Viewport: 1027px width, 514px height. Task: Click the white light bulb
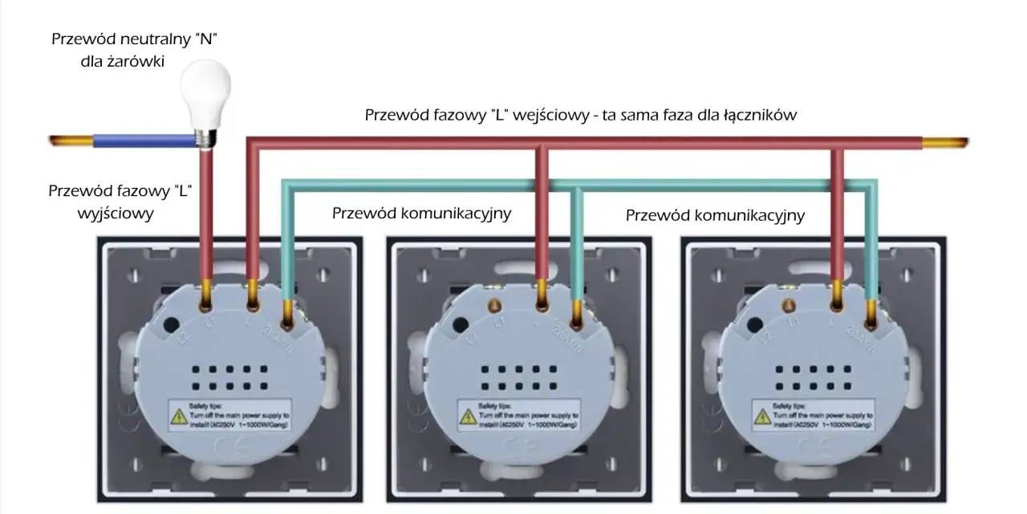pos(204,92)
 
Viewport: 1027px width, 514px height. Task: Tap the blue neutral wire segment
pos(144,142)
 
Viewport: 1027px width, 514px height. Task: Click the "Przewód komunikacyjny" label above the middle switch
pos(421,214)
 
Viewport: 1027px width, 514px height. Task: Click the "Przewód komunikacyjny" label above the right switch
pos(715,215)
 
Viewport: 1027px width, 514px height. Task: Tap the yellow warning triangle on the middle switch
pos(470,417)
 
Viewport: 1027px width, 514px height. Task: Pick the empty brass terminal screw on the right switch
pos(788,305)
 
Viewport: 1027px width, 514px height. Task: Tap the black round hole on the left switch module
pos(171,325)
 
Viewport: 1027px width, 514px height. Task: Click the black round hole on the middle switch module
pos(461,325)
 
